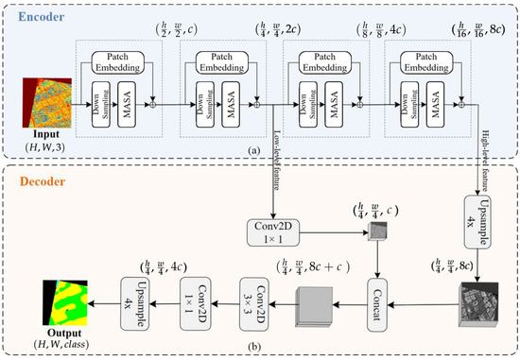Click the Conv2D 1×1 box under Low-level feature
click(x=274, y=234)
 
